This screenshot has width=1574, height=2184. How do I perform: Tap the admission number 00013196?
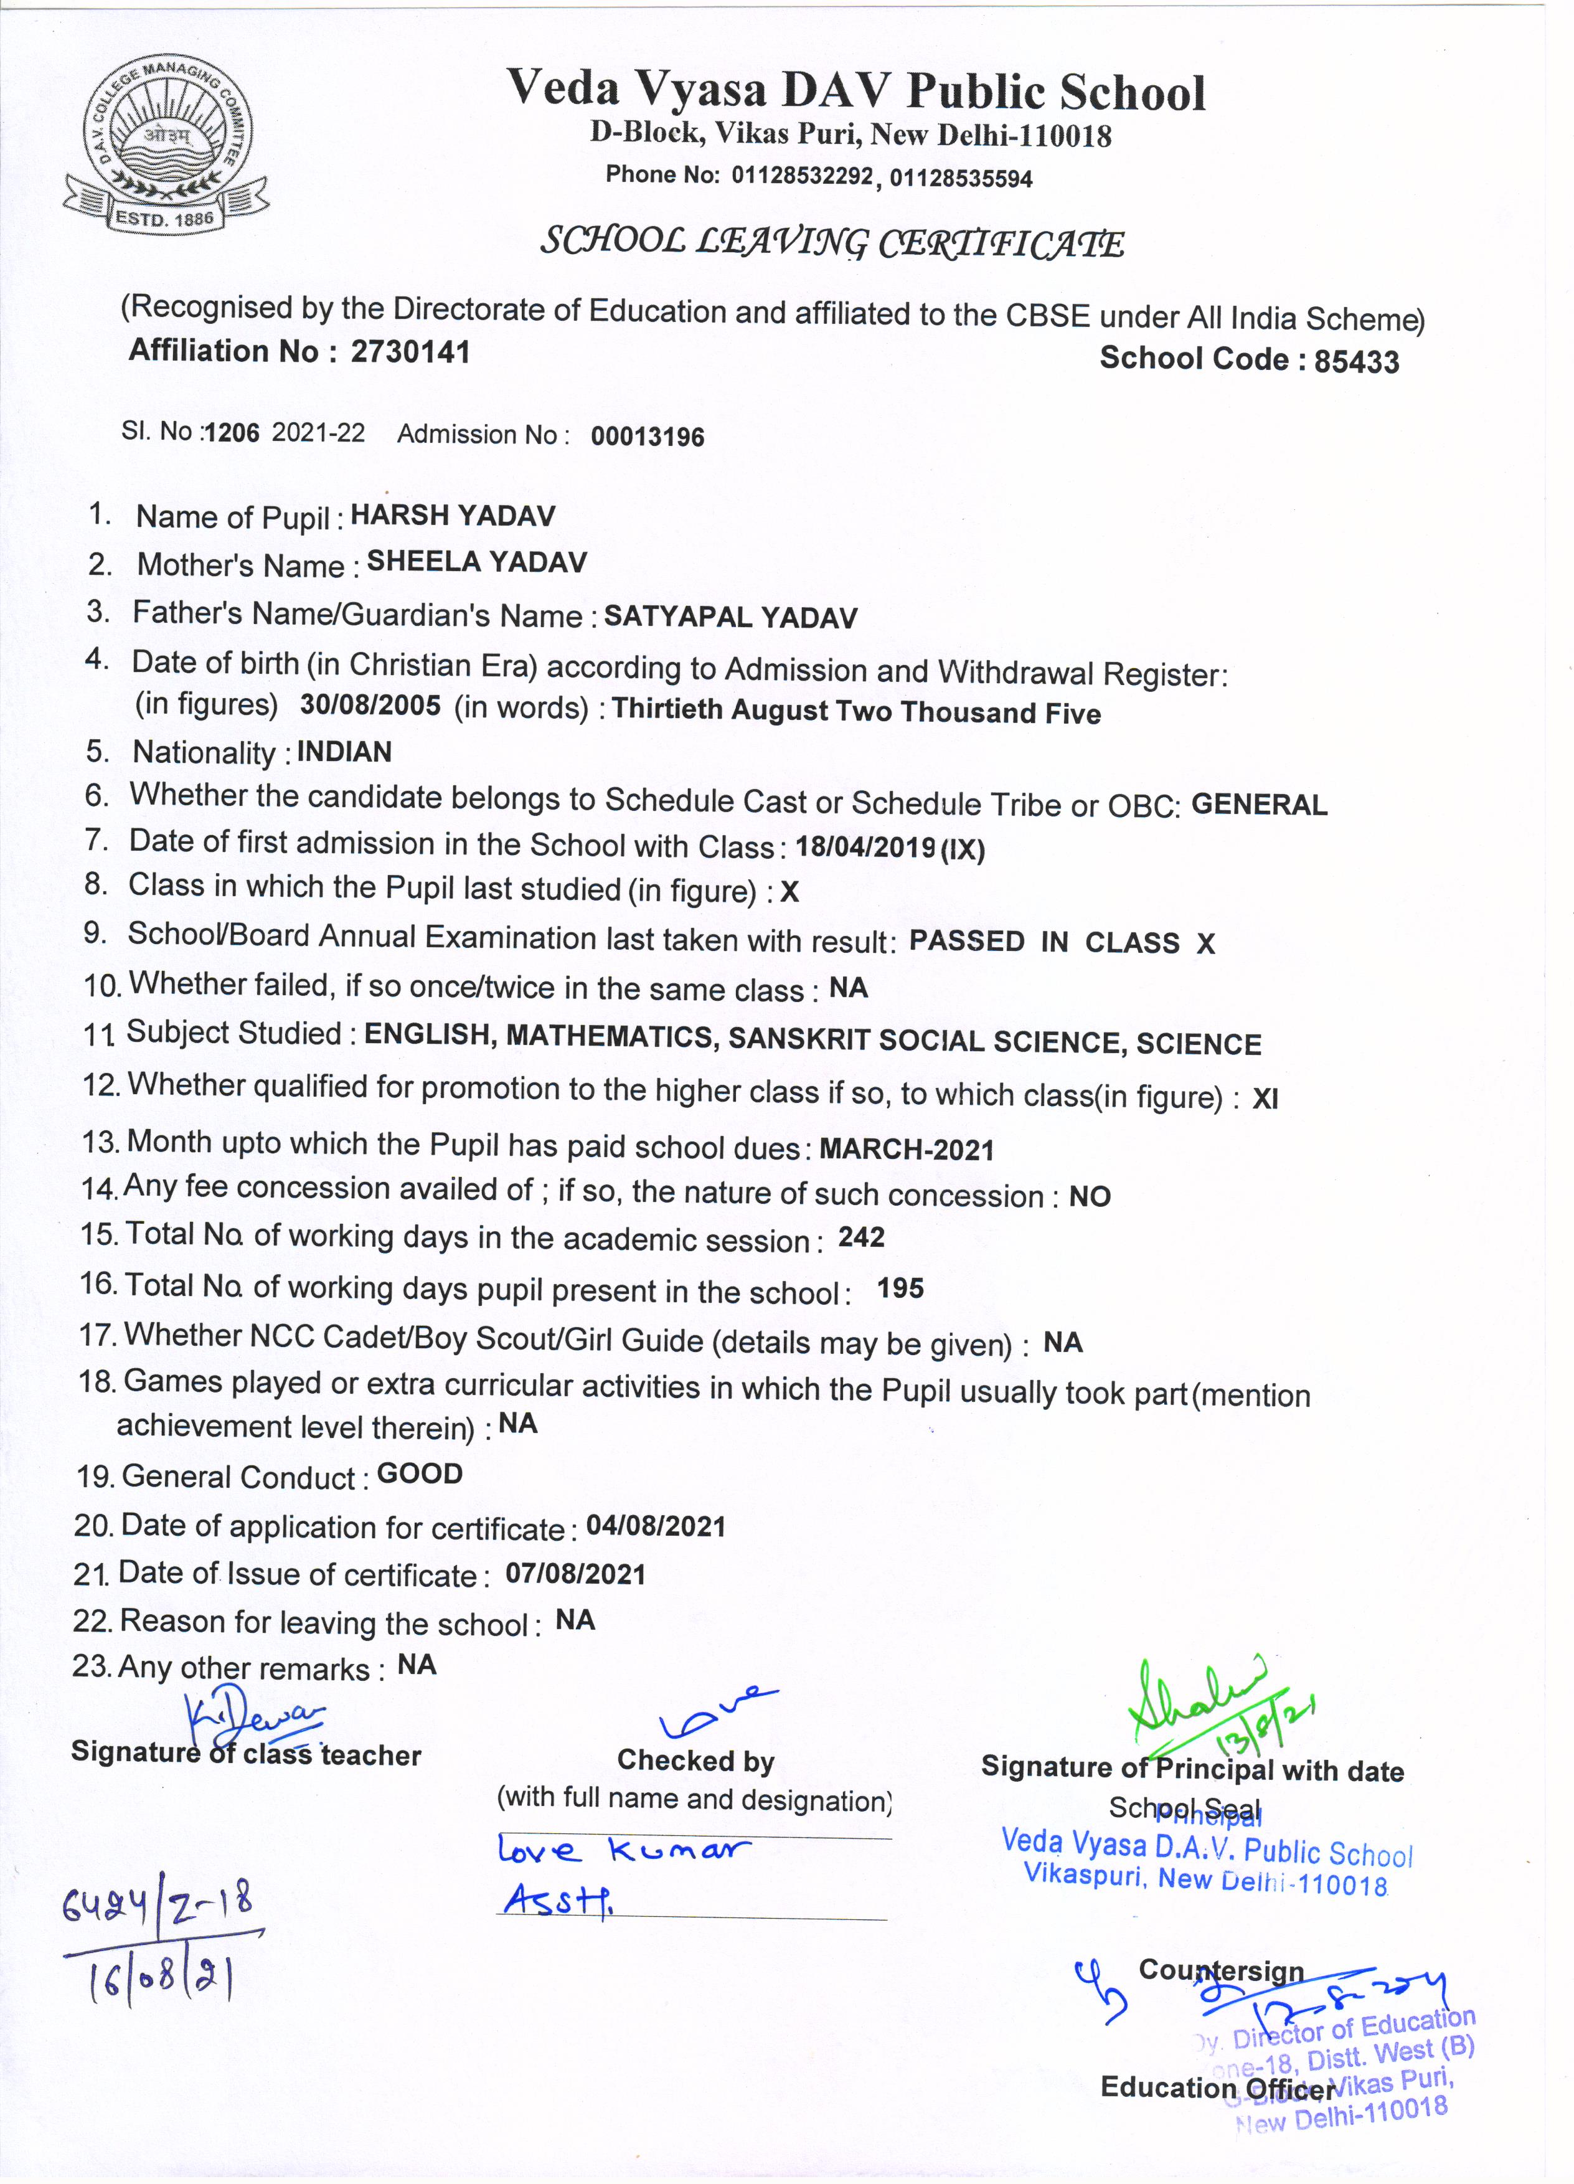(647, 437)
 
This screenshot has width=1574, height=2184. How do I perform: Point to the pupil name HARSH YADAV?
(453, 516)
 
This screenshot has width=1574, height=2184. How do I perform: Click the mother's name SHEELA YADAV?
(476, 562)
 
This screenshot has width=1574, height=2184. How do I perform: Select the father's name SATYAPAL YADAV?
(730, 617)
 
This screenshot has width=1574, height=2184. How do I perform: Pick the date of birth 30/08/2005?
(370, 706)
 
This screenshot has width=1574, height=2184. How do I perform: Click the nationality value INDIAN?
(344, 752)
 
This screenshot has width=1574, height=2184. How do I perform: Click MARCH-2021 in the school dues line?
(906, 1150)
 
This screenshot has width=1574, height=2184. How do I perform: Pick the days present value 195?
(900, 1288)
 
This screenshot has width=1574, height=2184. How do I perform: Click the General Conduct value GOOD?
(420, 1474)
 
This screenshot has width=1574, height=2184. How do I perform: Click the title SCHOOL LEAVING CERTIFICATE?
(832, 243)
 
